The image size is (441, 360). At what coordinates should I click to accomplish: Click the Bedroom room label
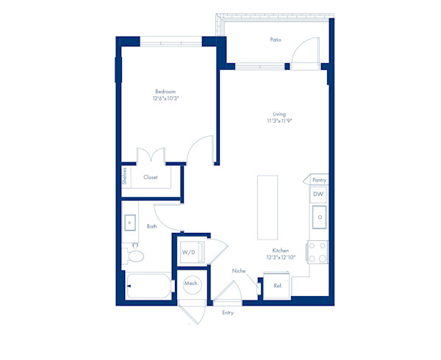click(x=165, y=91)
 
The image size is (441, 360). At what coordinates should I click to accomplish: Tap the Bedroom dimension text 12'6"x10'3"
click(x=166, y=98)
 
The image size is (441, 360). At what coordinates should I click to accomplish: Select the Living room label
click(x=279, y=114)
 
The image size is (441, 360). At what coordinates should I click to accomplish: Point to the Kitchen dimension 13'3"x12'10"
click(x=281, y=257)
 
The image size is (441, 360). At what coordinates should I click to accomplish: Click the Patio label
click(x=276, y=40)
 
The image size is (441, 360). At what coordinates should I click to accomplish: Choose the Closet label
click(x=151, y=177)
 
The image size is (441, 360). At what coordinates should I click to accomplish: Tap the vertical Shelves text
click(x=125, y=176)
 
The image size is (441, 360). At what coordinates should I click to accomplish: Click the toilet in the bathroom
click(x=133, y=256)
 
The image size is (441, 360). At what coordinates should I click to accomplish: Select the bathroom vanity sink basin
click(x=130, y=223)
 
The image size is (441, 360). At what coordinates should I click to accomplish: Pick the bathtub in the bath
click(x=148, y=286)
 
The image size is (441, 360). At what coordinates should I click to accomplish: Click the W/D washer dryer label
click(x=188, y=252)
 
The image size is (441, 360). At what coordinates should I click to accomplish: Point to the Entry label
click(x=228, y=312)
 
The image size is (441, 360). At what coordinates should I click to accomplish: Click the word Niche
click(x=239, y=271)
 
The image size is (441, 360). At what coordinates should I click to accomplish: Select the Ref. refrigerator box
click(x=277, y=286)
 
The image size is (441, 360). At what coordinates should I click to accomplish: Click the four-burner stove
click(x=318, y=252)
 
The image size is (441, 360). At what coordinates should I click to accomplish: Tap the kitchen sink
click(x=320, y=217)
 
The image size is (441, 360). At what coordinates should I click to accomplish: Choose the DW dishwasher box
click(x=318, y=194)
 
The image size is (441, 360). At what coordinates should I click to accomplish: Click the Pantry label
click(x=320, y=180)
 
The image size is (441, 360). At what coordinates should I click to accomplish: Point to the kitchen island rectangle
click(x=268, y=208)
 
